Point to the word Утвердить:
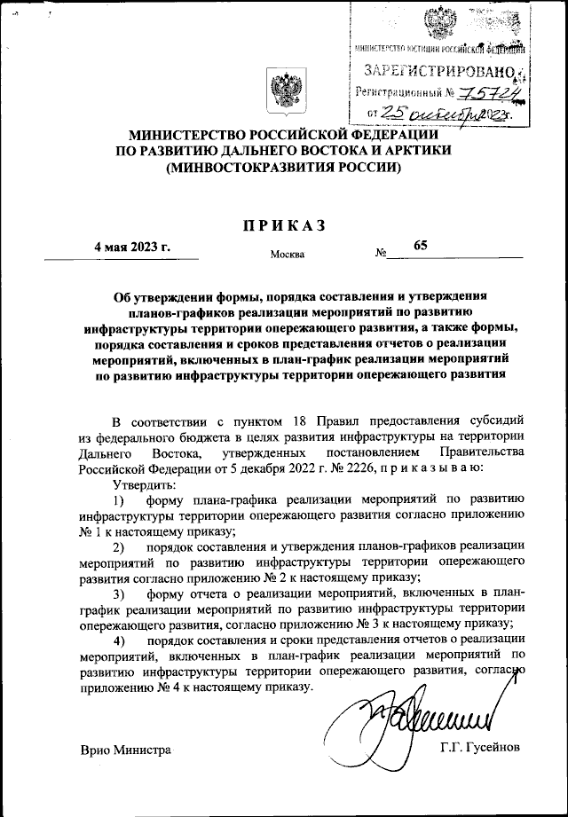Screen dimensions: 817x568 (146, 484)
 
